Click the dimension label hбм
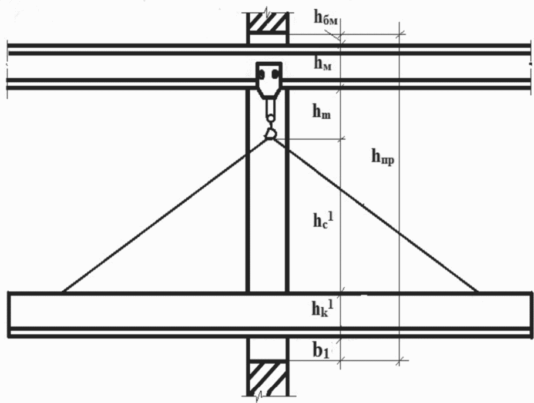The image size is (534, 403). click(325, 18)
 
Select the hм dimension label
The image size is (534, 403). click(323, 65)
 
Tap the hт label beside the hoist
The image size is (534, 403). click(321, 113)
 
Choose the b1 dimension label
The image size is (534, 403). click(321, 351)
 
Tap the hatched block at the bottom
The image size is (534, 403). click(267, 379)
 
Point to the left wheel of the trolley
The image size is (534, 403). click(263, 74)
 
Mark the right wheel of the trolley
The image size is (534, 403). click(274, 74)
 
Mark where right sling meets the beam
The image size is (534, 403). click(478, 291)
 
